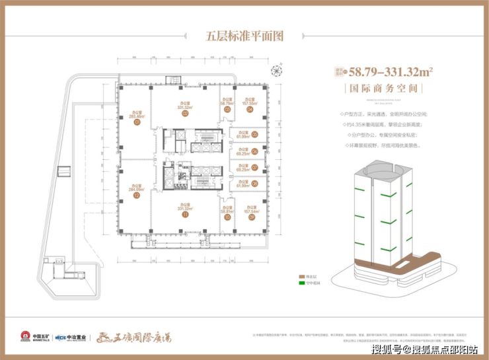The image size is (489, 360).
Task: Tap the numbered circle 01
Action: (137, 122)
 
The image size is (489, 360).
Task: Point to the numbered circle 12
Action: (136, 196)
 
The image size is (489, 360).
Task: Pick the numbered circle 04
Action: (250, 110)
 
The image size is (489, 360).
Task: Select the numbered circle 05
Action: (254, 135)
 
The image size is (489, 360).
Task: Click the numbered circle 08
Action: (254, 184)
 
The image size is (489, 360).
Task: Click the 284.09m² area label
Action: (136, 188)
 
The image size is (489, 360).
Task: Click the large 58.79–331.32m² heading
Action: (386, 71)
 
